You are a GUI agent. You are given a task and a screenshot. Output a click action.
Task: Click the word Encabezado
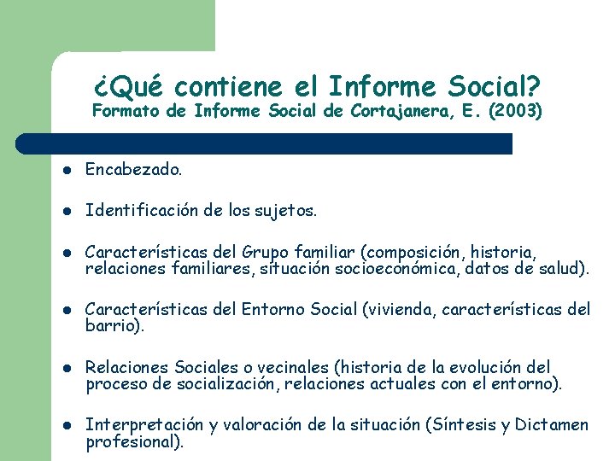point(133,170)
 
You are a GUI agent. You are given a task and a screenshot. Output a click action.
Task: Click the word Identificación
point(142,209)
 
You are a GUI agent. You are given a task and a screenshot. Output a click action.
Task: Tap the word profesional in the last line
point(131,441)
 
